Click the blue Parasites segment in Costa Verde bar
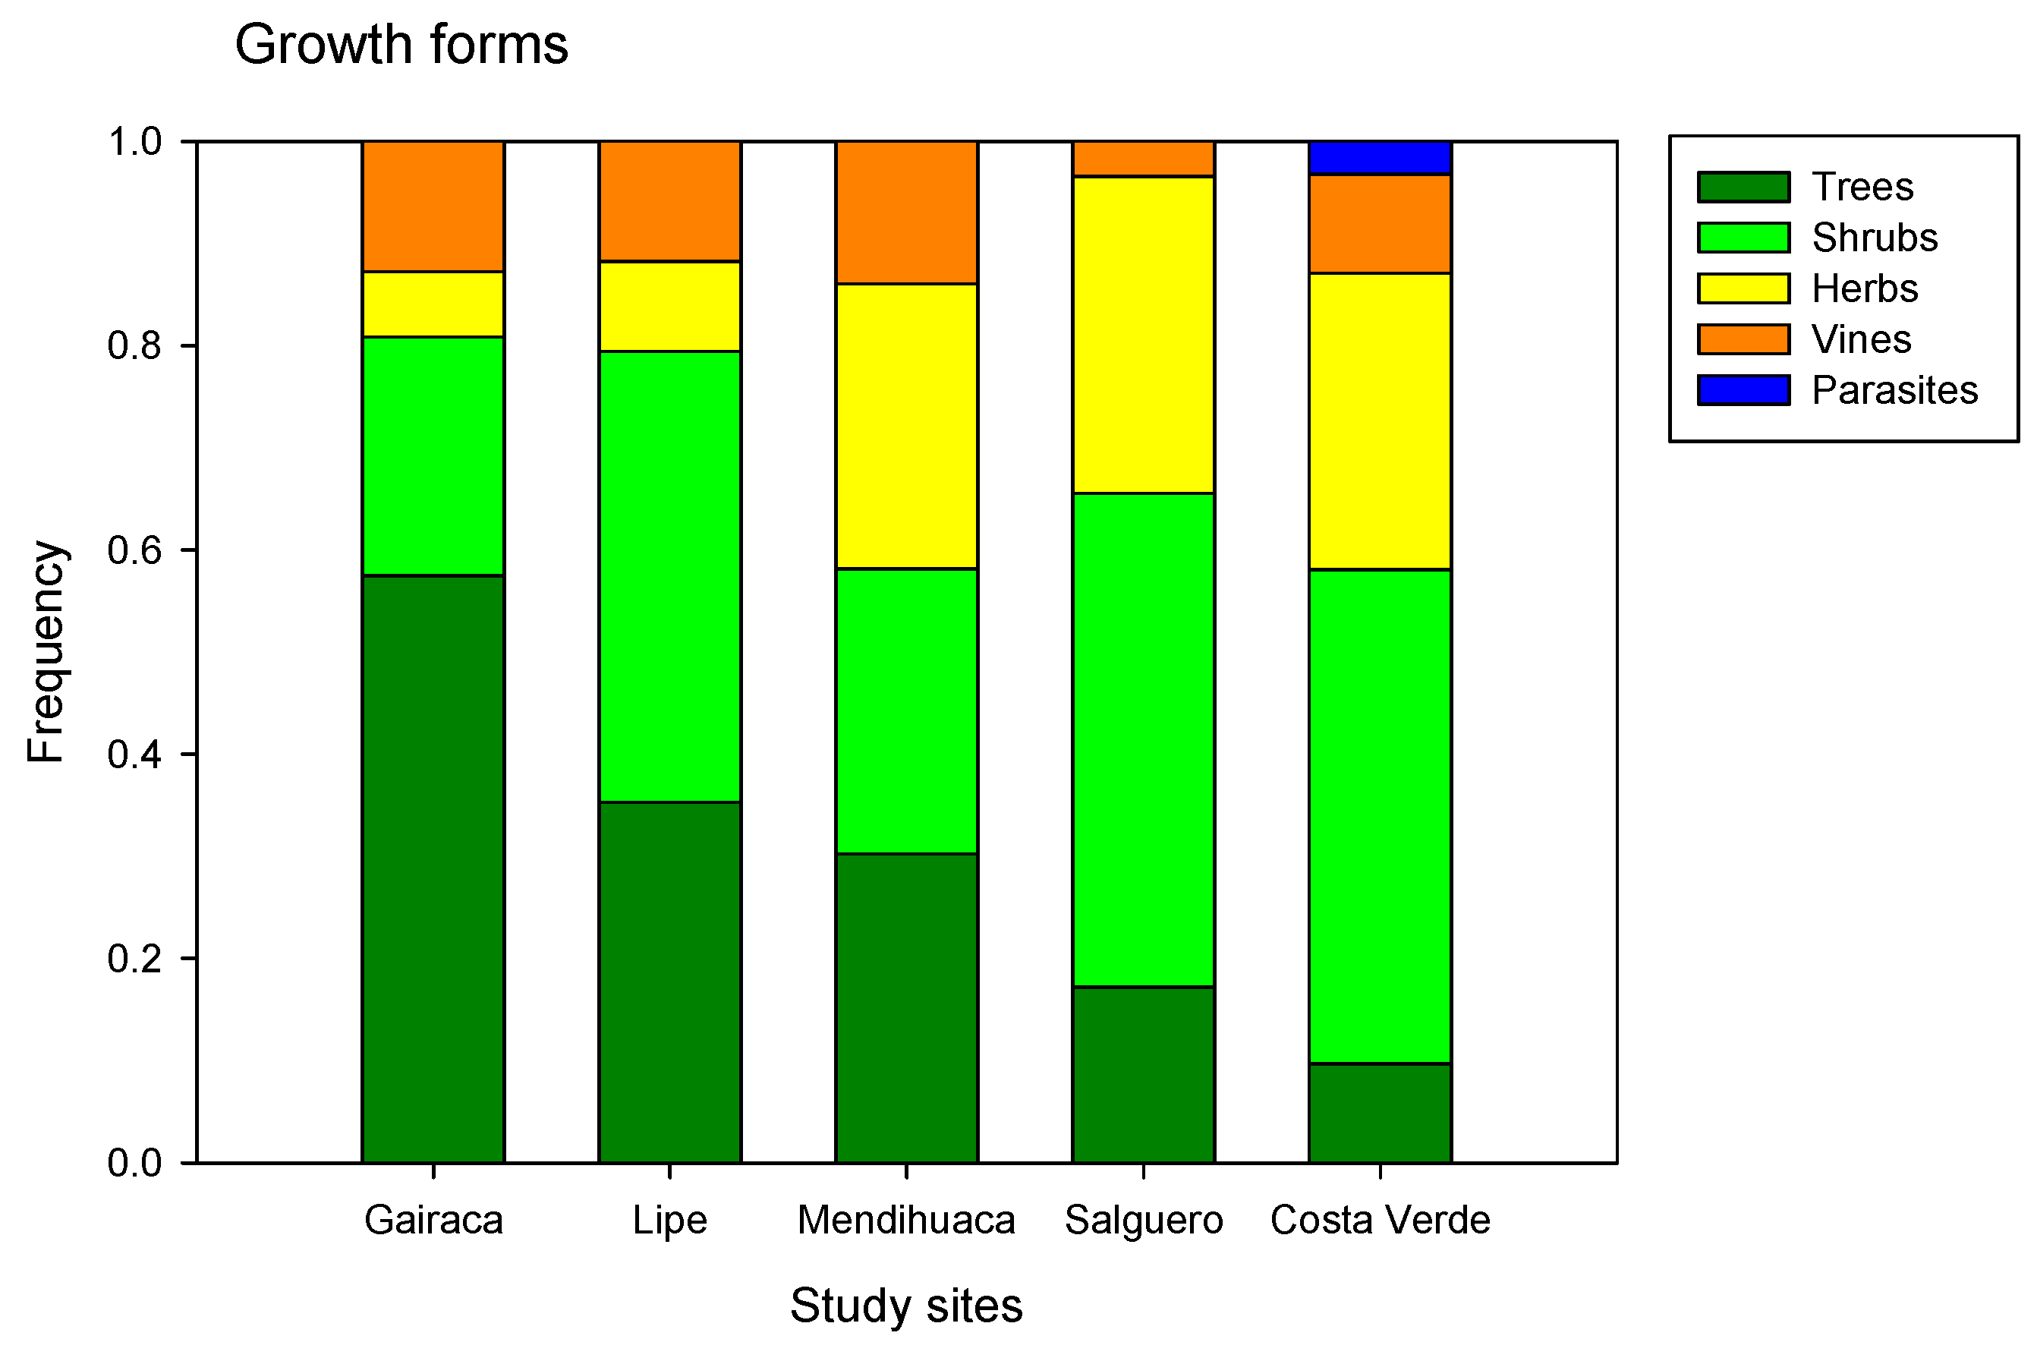tap(1380, 158)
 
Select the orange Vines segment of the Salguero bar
tap(1143, 159)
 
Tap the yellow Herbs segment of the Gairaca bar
tap(433, 304)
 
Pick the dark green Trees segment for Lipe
tap(669, 981)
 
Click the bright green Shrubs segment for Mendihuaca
tap(906, 711)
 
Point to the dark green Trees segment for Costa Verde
tap(1380, 1113)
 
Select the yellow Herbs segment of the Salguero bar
tap(1143, 335)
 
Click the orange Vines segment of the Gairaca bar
tap(433, 206)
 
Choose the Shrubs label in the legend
tap(1874, 238)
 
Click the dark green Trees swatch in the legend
tap(1743, 187)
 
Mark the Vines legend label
tap(1861, 339)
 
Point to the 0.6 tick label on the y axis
tap(134, 550)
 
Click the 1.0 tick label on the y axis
tap(134, 141)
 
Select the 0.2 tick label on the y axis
tap(134, 958)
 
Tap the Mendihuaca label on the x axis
tap(906, 1221)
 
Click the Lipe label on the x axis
tap(669, 1221)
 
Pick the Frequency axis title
tap(45, 652)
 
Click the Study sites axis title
tap(906, 1306)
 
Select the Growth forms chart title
tap(401, 45)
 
